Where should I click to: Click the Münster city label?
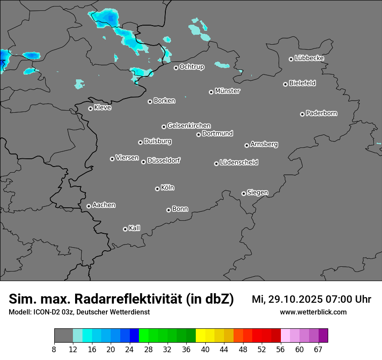pyautogui.click(x=227, y=91)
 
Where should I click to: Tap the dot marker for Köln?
pyautogui.click(x=157, y=189)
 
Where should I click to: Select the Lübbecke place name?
pyautogui.click(x=309, y=58)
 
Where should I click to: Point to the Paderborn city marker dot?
pyautogui.click(x=302, y=114)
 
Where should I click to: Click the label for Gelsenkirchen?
pyautogui.click(x=189, y=126)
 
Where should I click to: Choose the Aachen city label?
pyautogui.click(x=104, y=205)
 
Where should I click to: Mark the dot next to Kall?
pyautogui.click(x=125, y=229)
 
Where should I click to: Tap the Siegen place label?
pyautogui.click(x=257, y=193)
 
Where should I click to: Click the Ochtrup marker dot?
pyautogui.click(x=176, y=68)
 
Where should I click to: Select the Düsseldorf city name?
pyautogui.click(x=164, y=160)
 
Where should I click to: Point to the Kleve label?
pyautogui.click(x=102, y=108)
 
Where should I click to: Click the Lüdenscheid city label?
pyautogui.click(x=239, y=163)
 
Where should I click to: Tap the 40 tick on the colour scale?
pyautogui.click(x=205, y=349)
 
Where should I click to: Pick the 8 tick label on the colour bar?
pyautogui.click(x=54, y=349)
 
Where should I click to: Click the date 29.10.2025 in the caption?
pyautogui.click(x=296, y=299)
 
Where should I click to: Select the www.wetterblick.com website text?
pyautogui.click(x=313, y=312)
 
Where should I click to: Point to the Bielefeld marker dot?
pyautogui.click(x=286, y=84)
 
